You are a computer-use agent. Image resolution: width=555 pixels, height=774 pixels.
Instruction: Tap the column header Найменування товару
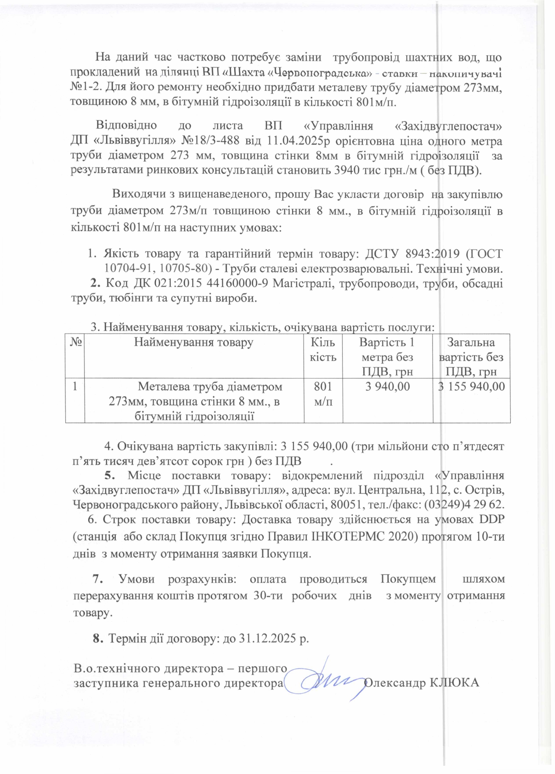tap(193, 342)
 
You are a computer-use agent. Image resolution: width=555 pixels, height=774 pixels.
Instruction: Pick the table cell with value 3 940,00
tap(388, 386)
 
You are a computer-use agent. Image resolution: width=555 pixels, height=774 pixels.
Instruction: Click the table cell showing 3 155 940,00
tap(472, 386)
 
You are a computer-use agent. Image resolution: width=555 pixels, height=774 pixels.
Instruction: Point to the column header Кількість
tap(323, 350)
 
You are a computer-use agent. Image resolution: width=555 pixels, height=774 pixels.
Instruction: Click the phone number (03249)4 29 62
tap(463, 503)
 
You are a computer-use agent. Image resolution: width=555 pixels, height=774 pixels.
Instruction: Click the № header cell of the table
tap(75, 342)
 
